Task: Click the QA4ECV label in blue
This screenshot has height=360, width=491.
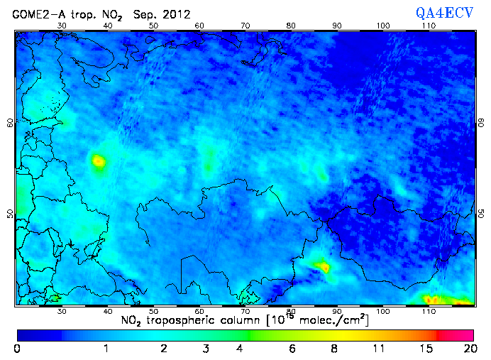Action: (x=450, y=12)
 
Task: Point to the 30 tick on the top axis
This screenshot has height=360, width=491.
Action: (x=62, y=26)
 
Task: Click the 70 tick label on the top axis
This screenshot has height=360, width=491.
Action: (x=245, y=26)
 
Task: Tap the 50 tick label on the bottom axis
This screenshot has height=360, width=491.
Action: (x=153, y=312)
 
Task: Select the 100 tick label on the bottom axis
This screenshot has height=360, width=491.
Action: (x=382, y=312)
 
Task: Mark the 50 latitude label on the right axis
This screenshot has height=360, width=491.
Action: (x=481, y=214)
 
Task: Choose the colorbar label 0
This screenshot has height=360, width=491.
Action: (x=17, y=349)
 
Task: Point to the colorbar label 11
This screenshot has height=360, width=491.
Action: (x=380, y=349)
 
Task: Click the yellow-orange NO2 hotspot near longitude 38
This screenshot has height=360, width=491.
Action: (x=98, y=161)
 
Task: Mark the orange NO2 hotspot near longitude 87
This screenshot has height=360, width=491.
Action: (x=323, y=267)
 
